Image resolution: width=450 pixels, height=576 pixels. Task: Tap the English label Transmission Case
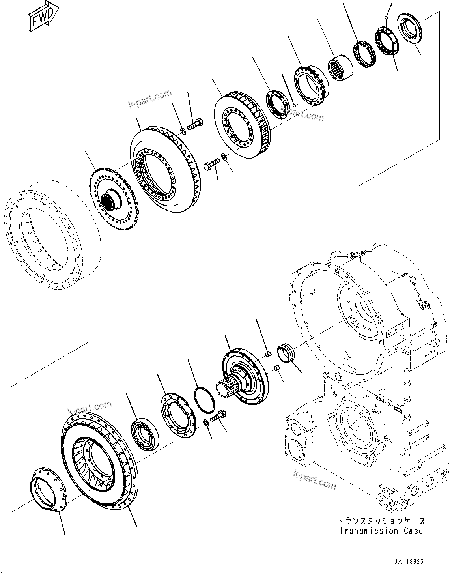(381, 531)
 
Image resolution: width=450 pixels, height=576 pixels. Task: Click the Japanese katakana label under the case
(381, 521)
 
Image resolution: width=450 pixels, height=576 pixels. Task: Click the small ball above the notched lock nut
(387, 17)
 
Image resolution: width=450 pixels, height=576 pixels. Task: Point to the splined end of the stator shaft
(225, 389)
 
